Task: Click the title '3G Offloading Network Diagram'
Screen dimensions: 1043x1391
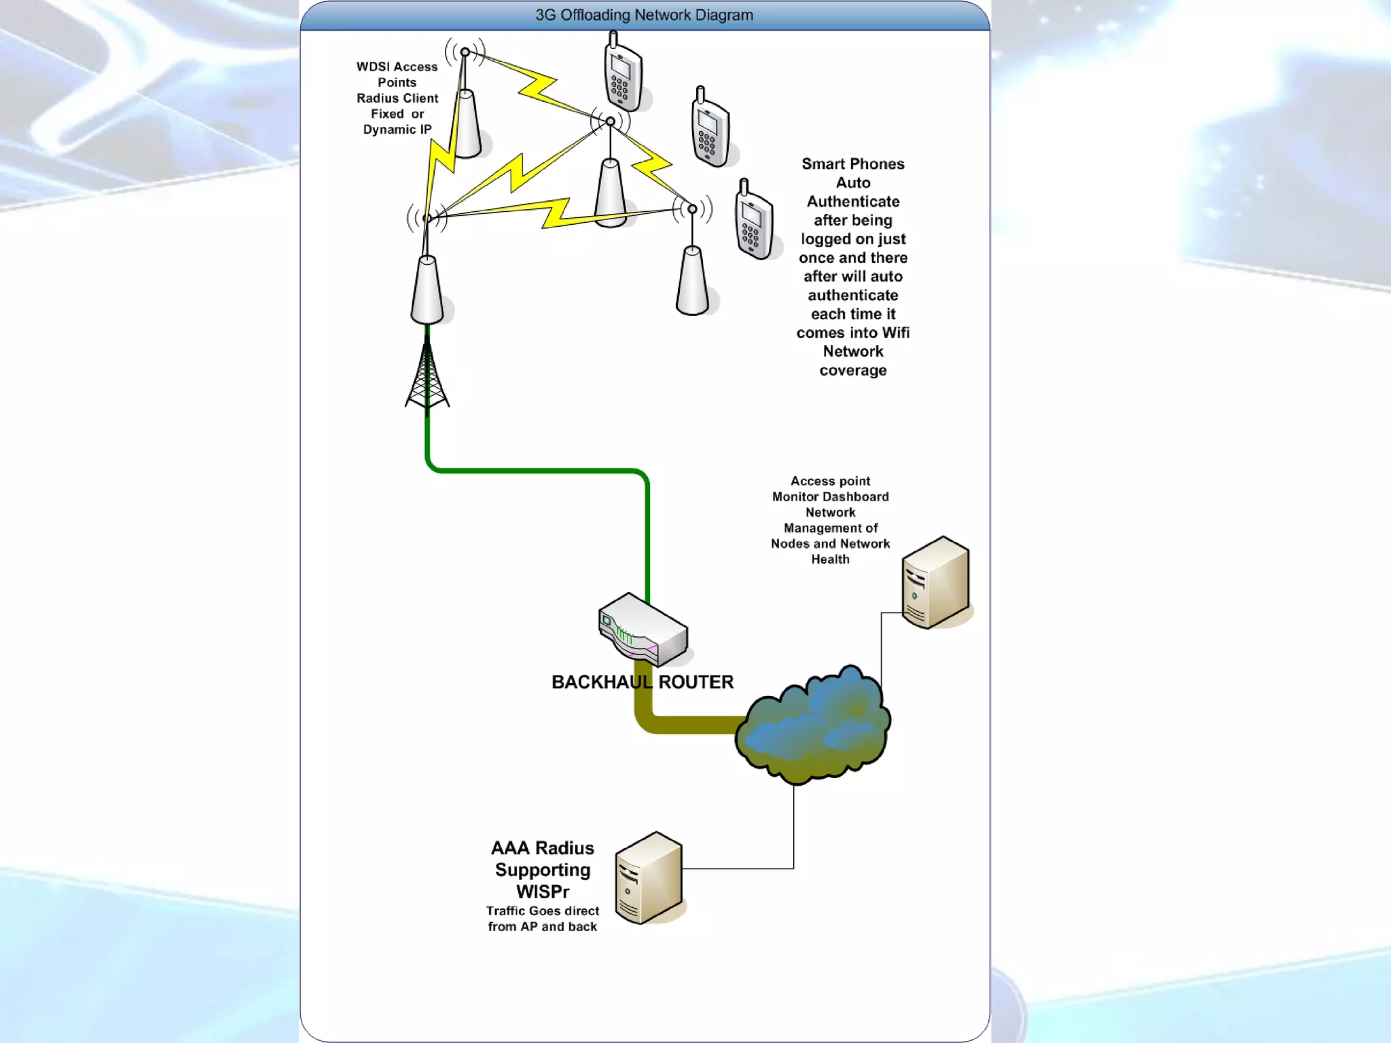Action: [x=644, y=15]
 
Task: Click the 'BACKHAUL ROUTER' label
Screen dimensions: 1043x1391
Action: [x=642, y=682]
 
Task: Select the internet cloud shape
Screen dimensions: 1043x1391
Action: [x=813, y=725]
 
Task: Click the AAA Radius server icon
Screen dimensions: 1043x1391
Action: [x=649, y=877]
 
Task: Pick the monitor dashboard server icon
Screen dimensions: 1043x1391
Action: [x=935, y=582]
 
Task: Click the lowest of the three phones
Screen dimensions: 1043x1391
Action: [x=753, y=221]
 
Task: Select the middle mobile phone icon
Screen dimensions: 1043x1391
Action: [x=710, y=129]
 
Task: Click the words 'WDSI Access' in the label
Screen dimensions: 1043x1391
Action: [x=397, y=67]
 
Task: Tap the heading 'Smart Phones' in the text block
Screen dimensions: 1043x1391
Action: [x=852, y=164]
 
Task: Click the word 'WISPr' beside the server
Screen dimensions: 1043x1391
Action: [x=542, y=892]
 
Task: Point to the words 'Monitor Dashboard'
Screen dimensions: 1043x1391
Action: [x=830, y=496]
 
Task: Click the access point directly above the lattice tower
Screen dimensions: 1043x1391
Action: [x=427, y=289]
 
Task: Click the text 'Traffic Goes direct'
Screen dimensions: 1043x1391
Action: [x=542, y=911]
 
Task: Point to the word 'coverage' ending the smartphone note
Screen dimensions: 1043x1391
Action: [x=852, y=370]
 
